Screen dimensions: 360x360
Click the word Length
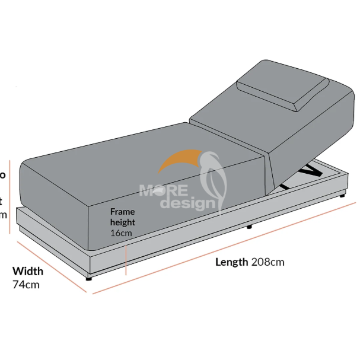coord(231,262)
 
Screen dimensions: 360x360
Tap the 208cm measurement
coord(267,262)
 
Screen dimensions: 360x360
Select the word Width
coord(28,272)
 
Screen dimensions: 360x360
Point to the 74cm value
coord(26,284)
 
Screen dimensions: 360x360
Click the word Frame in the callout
coord(122,212)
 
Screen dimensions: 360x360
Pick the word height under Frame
coord(122,222)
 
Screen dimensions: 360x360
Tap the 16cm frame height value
coord(120,233)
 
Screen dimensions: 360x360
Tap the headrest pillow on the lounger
coord(283,90)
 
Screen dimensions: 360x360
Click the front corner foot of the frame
coord(89,276)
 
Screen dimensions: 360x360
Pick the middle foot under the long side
coord(249,227)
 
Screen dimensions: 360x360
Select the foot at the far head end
coord(343,194)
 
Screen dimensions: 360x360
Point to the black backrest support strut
coord(307,173)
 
